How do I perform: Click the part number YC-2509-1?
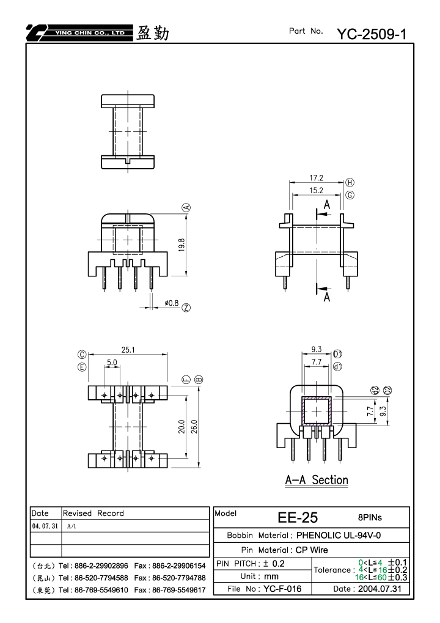[x=372, y=34]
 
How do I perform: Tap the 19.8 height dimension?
[x=182, y=245]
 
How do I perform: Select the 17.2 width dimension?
[x=317, y=178]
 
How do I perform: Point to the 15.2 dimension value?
[x=317, y=190]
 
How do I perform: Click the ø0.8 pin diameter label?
[x=172, y=303]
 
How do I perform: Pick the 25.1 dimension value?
[x=128, y=350]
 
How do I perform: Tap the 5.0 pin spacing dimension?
[x=112, y=363]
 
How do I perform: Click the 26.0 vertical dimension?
[x=194, y=426]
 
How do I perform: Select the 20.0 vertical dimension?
[x=182, y=426]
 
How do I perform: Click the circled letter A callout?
[x=186, y=207]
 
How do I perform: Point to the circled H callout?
[x=350, y=182]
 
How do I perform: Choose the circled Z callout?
[x=186, y=308]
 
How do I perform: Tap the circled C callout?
[x=82, y=355]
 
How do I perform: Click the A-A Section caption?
[x=317, y=480]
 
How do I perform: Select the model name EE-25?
[x=298, y=517]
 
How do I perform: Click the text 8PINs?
[x=370, y=517]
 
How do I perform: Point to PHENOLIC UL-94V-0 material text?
[x=339, y=535]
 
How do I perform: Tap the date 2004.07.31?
[x=380, y=589]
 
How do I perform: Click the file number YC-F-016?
[x=282, y=589]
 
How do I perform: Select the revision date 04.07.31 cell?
[x=45, y=526]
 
